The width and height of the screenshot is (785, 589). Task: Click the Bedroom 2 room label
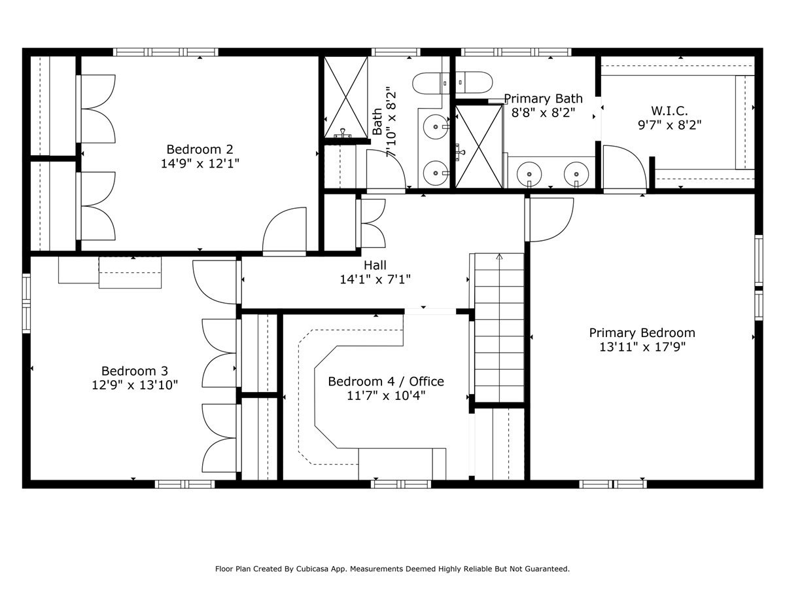coord(200,149)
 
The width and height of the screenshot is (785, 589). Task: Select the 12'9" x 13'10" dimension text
coord(135,385)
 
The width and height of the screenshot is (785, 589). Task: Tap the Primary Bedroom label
coord(642,332)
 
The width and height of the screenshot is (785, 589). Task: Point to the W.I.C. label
coord(669,111)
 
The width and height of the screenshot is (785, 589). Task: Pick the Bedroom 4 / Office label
coord(386,382)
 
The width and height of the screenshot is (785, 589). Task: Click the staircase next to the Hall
coord(498,327)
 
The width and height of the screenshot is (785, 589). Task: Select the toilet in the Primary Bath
coord(473,82)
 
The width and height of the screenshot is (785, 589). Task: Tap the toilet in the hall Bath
coord(430,82)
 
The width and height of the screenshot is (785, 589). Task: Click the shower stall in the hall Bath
coord(346,97)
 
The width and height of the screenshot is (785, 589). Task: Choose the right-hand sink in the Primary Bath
coord(576,174)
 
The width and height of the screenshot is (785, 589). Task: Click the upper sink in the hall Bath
coord(434,126)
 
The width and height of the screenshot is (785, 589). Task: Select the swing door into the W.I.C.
coord(623,169)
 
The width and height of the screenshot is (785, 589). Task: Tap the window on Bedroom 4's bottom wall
coord(401,484)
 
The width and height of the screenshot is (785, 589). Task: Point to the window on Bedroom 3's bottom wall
coord(184,484)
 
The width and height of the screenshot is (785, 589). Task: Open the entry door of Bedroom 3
coord(216,281)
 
